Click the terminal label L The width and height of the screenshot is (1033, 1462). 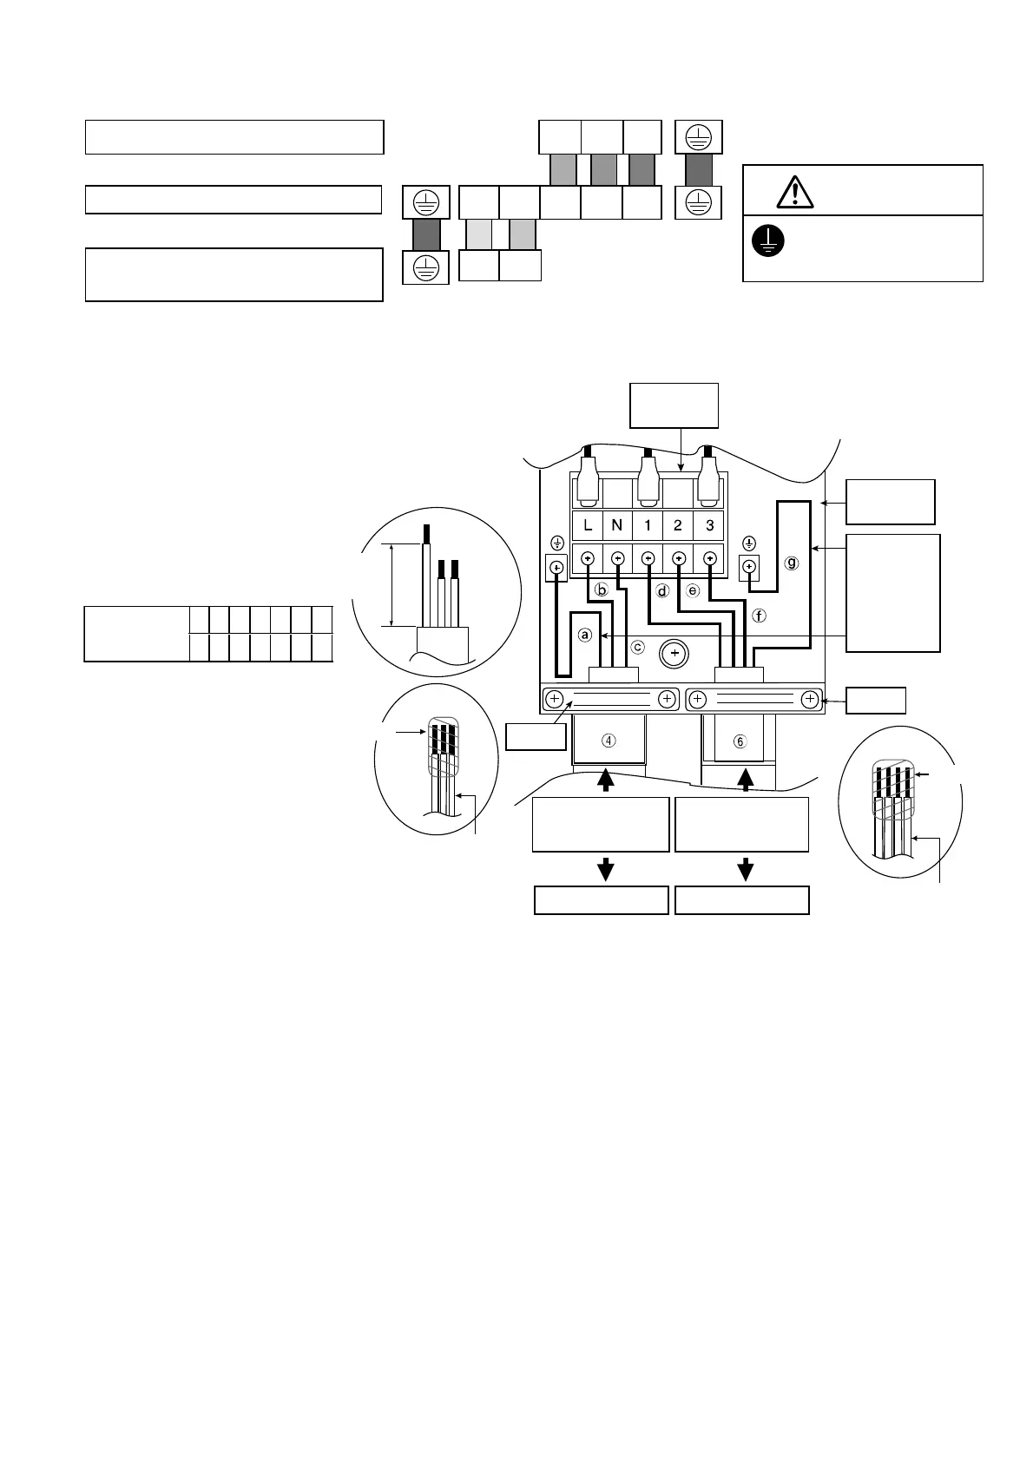click(588, 525)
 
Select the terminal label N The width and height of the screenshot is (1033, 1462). click(617, 525)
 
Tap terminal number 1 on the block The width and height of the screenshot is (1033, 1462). click(648, 525)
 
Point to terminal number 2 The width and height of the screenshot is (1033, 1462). click(678, 525)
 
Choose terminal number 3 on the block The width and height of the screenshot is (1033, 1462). click(709, 525)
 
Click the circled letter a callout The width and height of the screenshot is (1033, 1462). click(585, 636)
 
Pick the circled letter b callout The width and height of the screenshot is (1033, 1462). click(601, 589)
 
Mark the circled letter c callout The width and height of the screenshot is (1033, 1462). click(638, 647)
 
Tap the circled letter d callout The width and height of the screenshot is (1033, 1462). click(663, 591)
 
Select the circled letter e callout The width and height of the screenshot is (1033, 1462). click(693, 591)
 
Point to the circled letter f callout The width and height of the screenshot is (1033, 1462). click(760, 616)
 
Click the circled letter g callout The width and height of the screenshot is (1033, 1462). click(791, 563)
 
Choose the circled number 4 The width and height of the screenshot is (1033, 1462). click(609, 741)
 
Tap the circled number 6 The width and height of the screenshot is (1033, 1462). click(740, 741)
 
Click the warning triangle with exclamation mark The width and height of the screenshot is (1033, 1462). click(795, 192)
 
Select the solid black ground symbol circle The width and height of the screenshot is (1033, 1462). click(768, 241)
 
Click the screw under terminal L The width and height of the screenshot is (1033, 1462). click(588, 558)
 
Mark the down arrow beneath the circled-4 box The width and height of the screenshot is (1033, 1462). click(606, 869)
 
